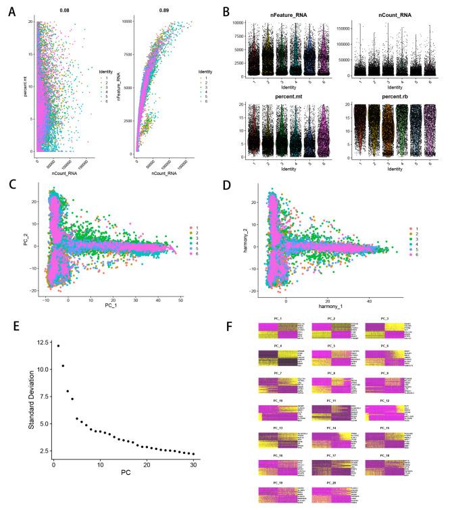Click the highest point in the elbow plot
[x=58, y=346]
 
